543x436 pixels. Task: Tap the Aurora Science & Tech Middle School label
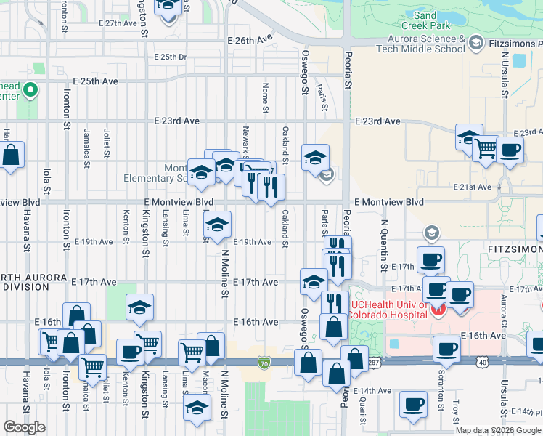[x=420, y=44]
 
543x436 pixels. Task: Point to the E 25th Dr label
[x=170, y=57]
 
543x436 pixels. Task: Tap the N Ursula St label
[x=503, y=81]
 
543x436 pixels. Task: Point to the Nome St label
[x=266, y=92]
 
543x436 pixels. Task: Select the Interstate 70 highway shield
[x=264, y=361]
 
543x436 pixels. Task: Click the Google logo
[x=24, y=427]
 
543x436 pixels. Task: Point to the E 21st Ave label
[x=472, y=187]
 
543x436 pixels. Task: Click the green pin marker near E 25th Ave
[x=30, y=91]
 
